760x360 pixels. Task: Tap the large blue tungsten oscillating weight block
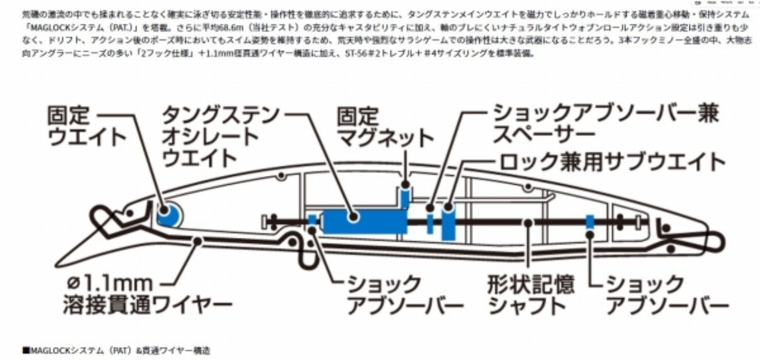(x=364, y=221)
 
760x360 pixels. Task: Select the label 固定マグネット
(x=385, y=127)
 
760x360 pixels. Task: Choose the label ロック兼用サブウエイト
(x=612, y=162)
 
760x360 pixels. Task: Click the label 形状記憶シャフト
(x=531, y=295)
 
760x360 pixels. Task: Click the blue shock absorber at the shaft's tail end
(x=590, y=223)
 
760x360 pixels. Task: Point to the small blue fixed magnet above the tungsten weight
(x=405, y=197)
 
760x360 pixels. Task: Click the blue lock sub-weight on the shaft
(x=448, y=223)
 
